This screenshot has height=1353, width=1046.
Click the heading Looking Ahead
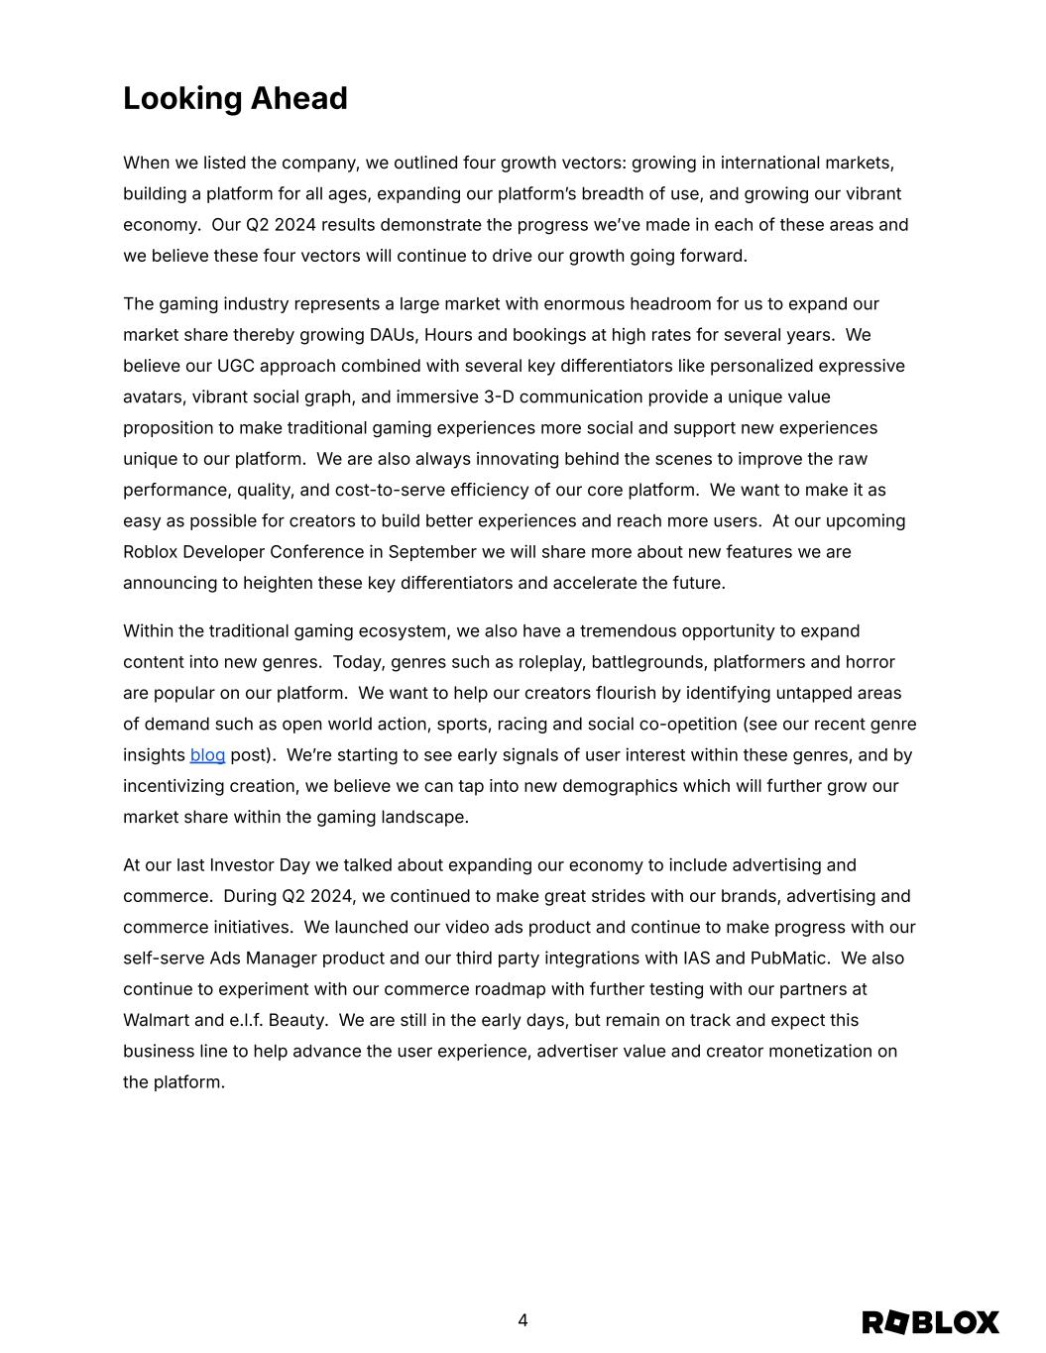(x=235, y=99)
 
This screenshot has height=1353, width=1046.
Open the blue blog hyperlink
(x=207, y=755)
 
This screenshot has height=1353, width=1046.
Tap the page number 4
(x=523, y=1320)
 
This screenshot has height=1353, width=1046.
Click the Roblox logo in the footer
(x=930, y=1322)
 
